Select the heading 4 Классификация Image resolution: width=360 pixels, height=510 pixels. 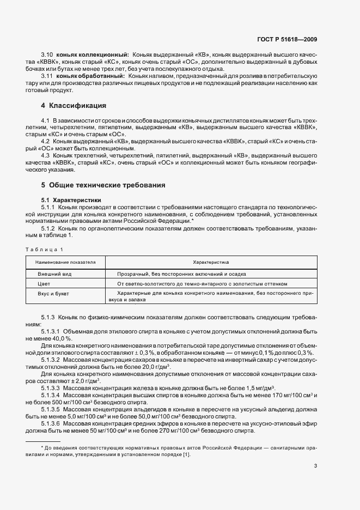(73, 105)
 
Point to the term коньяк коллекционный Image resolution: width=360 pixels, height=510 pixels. (92, 55)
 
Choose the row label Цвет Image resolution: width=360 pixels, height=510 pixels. (44, 284)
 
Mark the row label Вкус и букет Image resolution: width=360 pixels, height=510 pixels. (52, 294)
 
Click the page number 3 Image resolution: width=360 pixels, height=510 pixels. (315, 465)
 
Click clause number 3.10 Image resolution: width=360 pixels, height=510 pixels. (47, 55)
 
